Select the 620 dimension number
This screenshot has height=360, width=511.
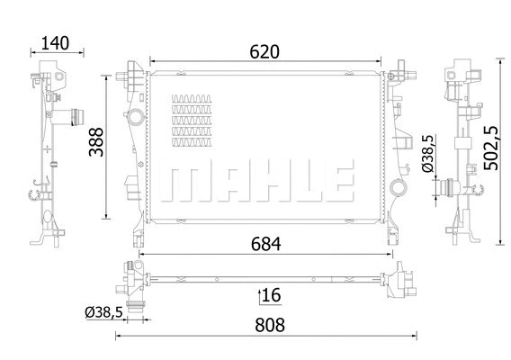pos(264,52)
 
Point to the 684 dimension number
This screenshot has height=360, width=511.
pos(264,243)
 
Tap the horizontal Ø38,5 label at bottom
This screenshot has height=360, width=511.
pos(104,312)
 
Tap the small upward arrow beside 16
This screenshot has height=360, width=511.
pos(260,294)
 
